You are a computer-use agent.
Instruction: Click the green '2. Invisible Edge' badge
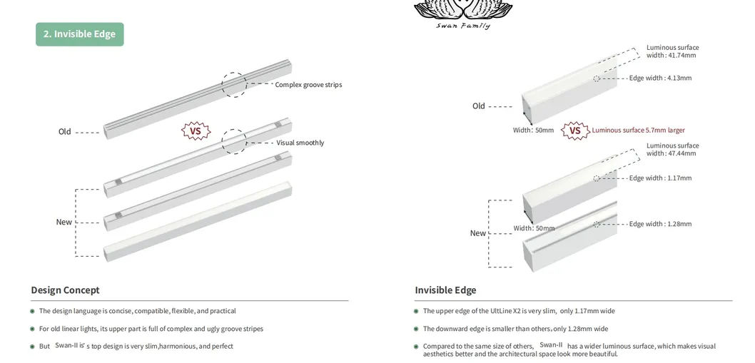pos(79,34)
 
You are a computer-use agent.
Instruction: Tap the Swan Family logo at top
pos(463,14)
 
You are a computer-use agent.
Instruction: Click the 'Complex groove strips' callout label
pos(308,85)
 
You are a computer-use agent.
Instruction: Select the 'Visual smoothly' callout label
pos(300,143)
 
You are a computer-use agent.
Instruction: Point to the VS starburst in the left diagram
pos(196,131)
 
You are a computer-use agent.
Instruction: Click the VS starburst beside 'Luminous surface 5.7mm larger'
pos(575,131)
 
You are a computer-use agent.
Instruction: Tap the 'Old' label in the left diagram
pos(65,132)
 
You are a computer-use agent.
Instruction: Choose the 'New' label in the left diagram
pos(64,222)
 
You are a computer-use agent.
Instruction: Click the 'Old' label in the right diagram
pos(479,106)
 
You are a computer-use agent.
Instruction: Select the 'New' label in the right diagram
pos(478,233)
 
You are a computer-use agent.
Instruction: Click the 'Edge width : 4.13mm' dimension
pos(660,78)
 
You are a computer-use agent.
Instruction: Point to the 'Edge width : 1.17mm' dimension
pos(660,178)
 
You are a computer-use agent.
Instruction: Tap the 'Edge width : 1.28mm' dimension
pos(660,224)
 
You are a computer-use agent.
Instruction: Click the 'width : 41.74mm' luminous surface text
pos(671,56)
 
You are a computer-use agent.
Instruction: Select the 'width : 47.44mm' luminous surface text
pos(671,153)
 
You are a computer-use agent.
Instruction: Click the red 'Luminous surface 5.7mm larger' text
pos(638,131)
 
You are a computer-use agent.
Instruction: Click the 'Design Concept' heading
pos(65,290)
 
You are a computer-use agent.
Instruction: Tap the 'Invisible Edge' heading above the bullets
pos(445,290)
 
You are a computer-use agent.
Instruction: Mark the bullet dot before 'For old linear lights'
pos(32,329)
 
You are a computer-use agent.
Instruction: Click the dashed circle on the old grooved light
pos(233,84)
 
